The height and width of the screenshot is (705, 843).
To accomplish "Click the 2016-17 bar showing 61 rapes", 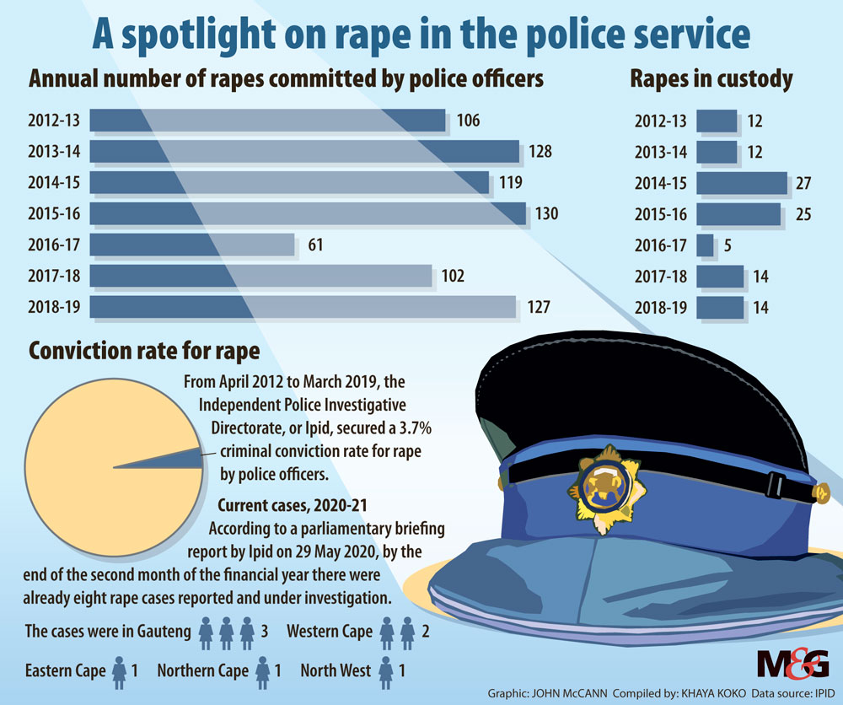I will (191, 245).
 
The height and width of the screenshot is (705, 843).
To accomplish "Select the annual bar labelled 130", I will (308, 213).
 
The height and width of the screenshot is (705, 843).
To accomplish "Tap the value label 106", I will (468, 121).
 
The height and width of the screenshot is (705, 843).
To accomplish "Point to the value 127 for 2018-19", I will (540, 307).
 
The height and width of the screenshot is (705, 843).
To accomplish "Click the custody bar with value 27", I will (742, 183).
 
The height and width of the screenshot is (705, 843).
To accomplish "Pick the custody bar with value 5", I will (706, 245).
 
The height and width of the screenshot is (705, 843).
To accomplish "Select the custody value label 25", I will (803, 214).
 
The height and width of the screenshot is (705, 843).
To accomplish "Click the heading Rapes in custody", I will (711, 79).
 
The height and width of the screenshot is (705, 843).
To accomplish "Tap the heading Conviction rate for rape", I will (144, 350).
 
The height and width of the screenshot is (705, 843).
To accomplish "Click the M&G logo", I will (792, 665).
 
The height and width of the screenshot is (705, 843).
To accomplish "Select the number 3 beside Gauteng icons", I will (266, 632).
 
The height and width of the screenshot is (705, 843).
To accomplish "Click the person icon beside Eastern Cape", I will (120, 671).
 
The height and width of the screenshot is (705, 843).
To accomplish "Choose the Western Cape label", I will (330, 632).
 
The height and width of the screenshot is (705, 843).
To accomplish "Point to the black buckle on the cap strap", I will (775, 487).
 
